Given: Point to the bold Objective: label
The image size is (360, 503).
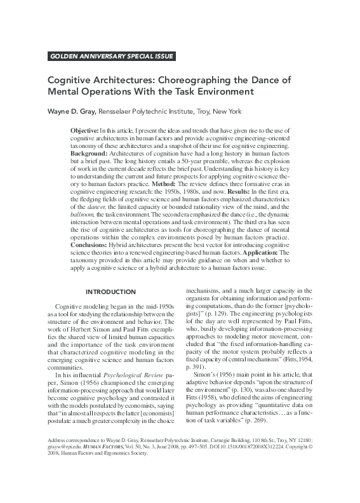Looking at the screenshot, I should pyautogui.click(x=84, y=130).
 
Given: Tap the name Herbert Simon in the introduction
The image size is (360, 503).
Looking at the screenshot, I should pyautogui.click(x=95, y=330).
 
